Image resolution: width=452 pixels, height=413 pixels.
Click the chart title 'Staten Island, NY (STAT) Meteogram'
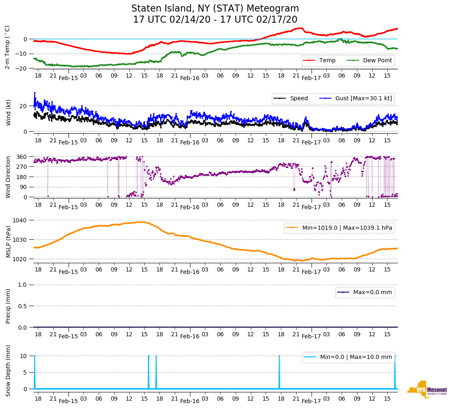tap(215, 9)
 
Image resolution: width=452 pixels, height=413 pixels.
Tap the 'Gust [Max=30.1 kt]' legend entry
tap(358, 99)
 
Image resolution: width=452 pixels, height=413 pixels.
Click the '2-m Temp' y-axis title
tap(7, 47)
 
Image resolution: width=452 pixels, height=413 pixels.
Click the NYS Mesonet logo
tap(427, 389)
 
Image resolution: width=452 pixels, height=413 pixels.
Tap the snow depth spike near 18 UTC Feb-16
tap(279, 371)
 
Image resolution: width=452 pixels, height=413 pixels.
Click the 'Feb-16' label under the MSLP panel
tap(190, 272)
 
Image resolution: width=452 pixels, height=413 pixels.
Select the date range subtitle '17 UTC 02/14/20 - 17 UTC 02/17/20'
tap(215, 20)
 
